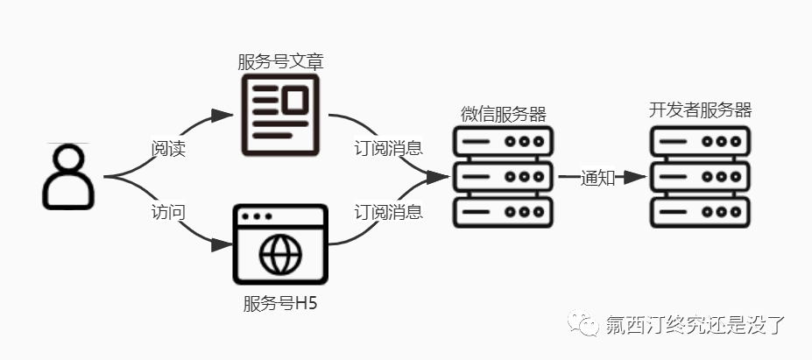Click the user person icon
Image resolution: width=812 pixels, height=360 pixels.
pyautogui.click(x=69, y=177)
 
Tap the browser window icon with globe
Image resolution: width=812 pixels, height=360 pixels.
pyautogui.click(x=280, y=244)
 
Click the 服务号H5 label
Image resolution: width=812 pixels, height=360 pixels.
pyautogui.click(x=277, y=306)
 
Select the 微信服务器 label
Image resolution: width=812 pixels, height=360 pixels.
pyautogui.click(x=503, y=115)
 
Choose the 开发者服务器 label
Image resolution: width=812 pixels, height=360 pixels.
pyautogui.click(x=701, y=110)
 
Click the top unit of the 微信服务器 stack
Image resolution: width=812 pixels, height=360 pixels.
pyautogui.click(x=504, y=142)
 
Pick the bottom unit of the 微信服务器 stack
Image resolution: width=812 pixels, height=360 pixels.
pyautogui.click(x=504, y=211)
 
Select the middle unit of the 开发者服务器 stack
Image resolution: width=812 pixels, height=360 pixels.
pyautogui.click(x=701, y=176)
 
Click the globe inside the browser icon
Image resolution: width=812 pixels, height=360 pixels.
pyautogui.click(x=280, y=254)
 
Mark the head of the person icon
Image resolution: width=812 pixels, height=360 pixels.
pyautogui.click(x=69, y=160)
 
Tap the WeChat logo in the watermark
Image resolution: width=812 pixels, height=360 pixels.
pyautogui.click(x=584, y=324)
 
